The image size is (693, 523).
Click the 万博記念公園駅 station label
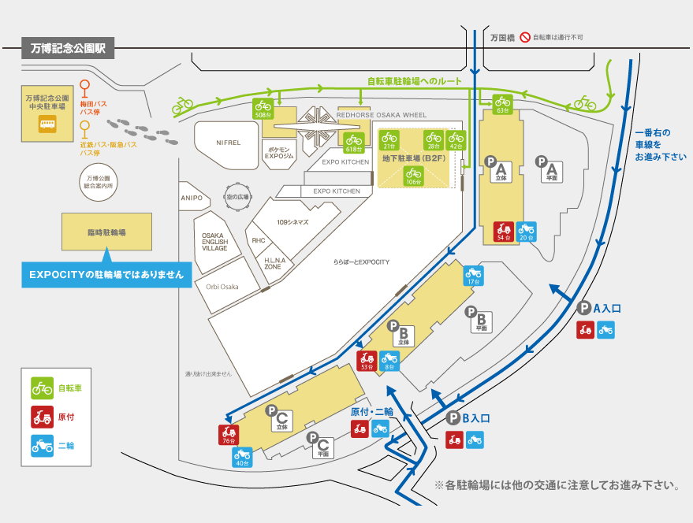68,48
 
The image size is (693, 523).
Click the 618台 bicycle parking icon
354,143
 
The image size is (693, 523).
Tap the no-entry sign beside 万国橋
525,37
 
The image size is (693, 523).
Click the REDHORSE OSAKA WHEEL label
381,115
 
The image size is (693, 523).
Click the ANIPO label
191,198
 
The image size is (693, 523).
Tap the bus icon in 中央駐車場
47,124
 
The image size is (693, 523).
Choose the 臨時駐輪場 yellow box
106,233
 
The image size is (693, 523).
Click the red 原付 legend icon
42,417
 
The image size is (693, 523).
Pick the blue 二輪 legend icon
42,445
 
